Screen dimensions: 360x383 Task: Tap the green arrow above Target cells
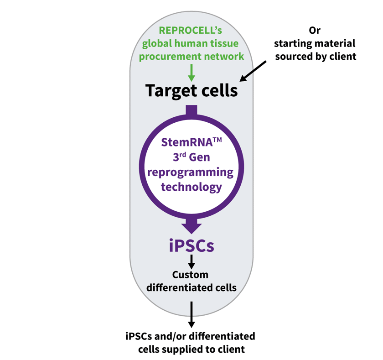tap(191, 72)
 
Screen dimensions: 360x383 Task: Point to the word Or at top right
tap(315, 30)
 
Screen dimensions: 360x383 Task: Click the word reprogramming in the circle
tap(191, 172)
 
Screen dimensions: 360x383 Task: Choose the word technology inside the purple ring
tap(191, 187)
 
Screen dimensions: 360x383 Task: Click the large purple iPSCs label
tap(191, 246)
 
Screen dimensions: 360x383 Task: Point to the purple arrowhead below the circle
tap(191, 226)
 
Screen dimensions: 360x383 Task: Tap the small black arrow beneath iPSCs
tap(191, 261)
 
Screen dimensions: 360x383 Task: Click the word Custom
tap(190, 275)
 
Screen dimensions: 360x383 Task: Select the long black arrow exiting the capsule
tap(191, 314)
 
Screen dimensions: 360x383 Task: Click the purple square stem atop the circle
tap(191, 110)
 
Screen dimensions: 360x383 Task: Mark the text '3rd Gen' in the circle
tap(191, 157)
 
